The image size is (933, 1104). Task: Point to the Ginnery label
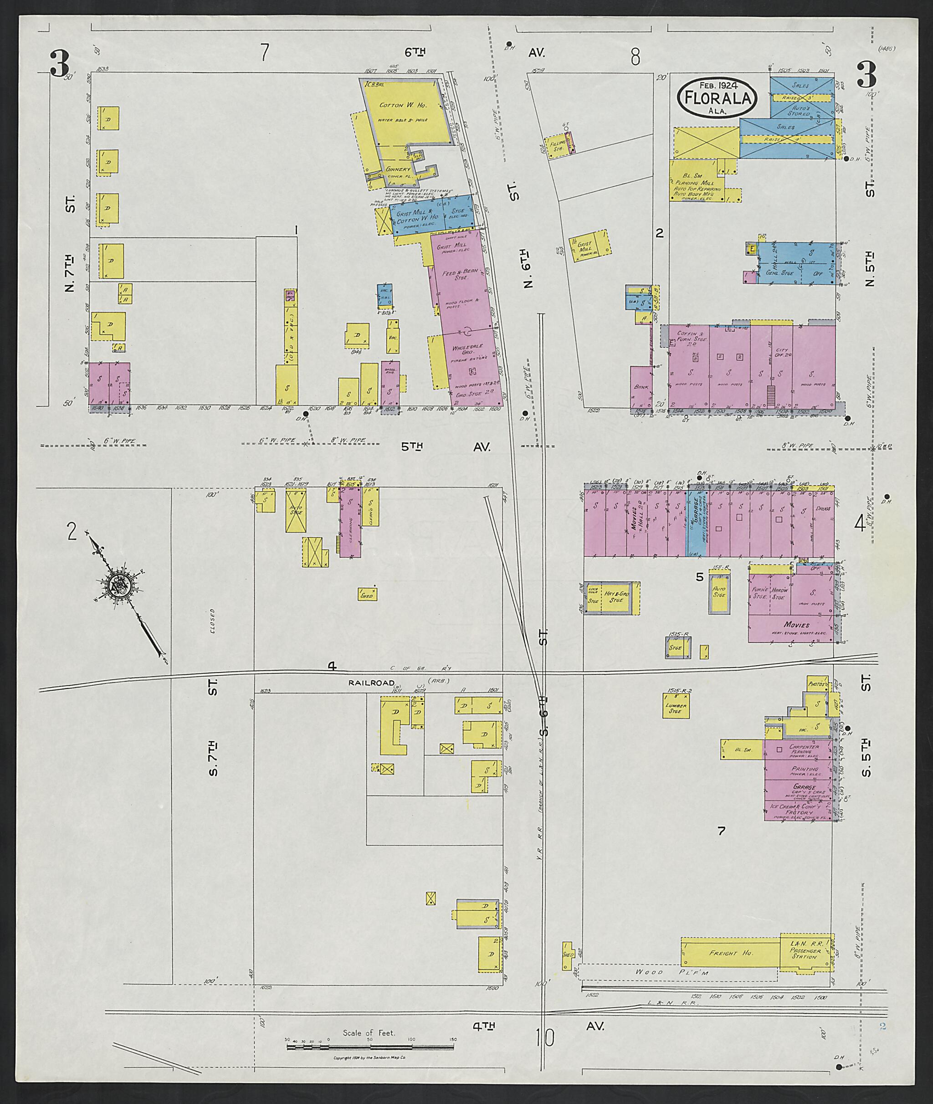click(398, 170)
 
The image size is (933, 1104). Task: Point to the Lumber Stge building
click(676, 709)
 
